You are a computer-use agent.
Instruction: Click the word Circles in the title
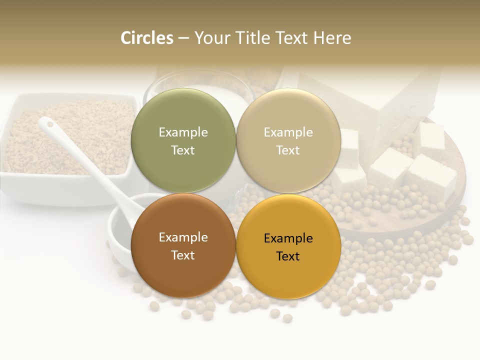146,38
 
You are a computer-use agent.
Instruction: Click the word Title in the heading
250,38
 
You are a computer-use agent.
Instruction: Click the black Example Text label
288,247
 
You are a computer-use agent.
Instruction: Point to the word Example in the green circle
183,132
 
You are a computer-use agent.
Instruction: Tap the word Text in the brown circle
183,255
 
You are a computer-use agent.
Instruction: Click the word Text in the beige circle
288,150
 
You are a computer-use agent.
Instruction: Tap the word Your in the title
211,38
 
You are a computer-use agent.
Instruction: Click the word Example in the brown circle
183,237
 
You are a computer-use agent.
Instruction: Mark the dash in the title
183,38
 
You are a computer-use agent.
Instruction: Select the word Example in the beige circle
288,132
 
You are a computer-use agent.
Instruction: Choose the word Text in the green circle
183,150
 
